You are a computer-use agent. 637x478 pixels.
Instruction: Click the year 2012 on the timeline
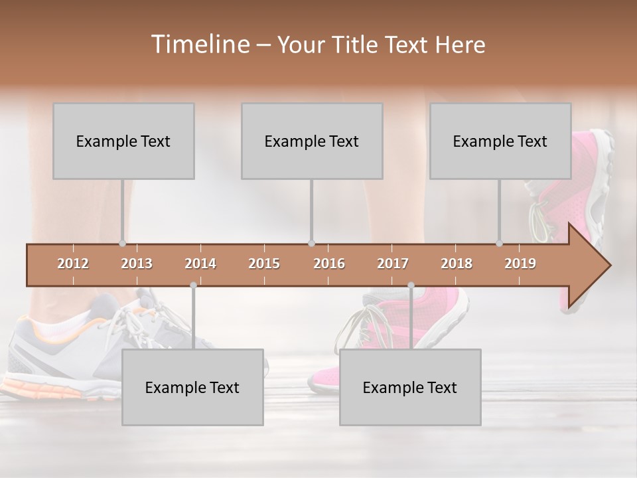point(73,264)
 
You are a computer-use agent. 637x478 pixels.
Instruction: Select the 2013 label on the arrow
point(137,264)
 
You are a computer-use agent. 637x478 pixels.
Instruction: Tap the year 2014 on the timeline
point(200,264)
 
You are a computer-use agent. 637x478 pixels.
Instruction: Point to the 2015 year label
point(264,264)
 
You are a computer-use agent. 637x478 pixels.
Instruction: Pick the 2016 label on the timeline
point(329,264)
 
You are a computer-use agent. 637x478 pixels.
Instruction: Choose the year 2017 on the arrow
point(393,264)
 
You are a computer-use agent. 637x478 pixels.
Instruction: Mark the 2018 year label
point(457,264)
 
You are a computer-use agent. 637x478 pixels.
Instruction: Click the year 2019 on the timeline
point(520,264)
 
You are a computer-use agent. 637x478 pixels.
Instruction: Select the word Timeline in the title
point(199,44)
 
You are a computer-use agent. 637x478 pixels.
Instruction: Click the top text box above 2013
point(123,141)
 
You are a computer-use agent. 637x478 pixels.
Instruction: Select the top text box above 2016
point(312,141)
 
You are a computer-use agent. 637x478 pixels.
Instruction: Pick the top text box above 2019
point(500,141)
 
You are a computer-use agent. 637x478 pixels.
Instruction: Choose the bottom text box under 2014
point(192,387)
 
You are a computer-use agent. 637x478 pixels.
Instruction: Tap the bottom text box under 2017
point(410,387)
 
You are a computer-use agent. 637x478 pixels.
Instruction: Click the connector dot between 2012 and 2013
point(122,244)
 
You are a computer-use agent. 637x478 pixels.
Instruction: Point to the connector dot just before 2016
point(311,244)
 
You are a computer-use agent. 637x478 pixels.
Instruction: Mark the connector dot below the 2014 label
point(193,285)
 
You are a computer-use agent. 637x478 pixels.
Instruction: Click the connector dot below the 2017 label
point(411,285)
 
